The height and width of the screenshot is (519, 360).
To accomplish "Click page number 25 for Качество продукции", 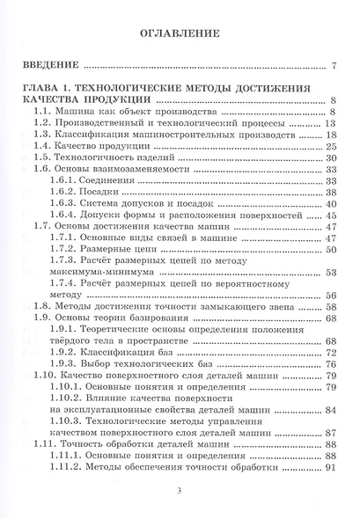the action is coord(332,149).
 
